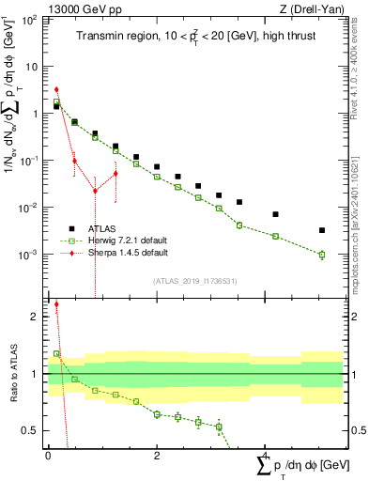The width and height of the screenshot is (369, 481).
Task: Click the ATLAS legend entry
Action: point(103,228)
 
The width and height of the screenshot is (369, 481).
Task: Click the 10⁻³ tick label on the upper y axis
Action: point(30,255)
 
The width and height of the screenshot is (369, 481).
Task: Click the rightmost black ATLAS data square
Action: point(321,230)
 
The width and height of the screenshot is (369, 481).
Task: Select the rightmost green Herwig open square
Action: point(321,254)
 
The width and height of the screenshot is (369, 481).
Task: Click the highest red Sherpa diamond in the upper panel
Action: point(56,90)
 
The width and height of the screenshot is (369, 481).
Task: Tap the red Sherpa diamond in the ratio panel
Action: point(56,304)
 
